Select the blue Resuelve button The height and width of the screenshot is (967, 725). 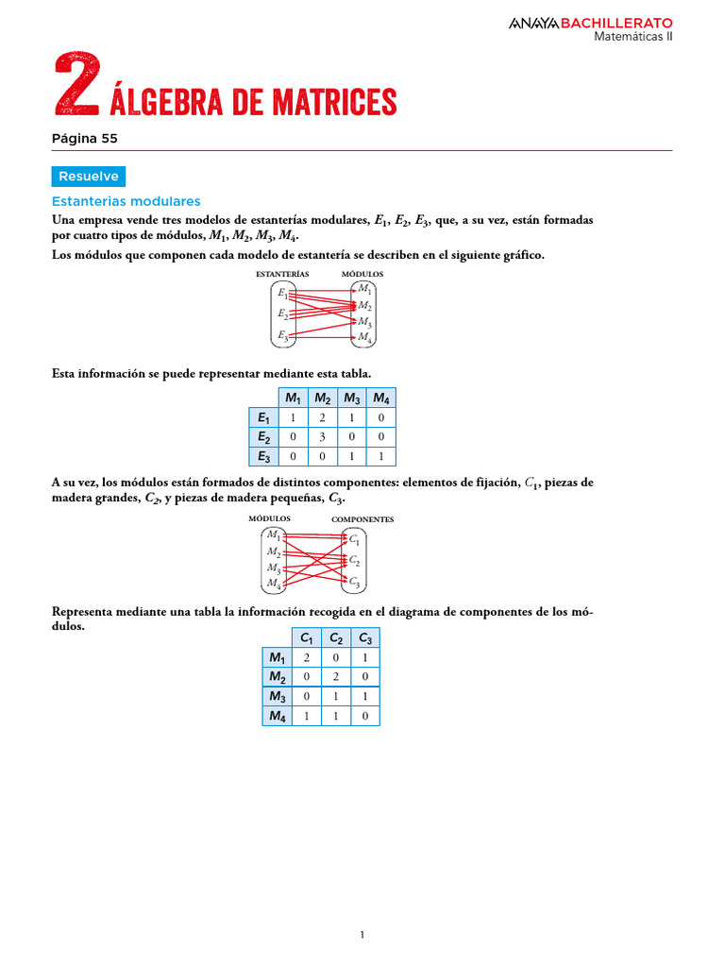[88, 177]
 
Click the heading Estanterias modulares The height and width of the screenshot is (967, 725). [126, 201]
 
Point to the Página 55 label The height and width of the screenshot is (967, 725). [85, 138]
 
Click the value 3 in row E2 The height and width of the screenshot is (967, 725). [322, 437]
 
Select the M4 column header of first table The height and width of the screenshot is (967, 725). [381, 398]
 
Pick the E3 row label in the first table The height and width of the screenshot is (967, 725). [263, 457]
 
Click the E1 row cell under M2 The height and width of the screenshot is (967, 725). [322, 417]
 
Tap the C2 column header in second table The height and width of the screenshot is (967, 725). [336, 638]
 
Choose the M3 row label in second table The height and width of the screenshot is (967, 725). [277, 697]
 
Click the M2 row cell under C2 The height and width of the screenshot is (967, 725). [336, 677]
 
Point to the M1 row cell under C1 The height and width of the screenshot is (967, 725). [306, 658]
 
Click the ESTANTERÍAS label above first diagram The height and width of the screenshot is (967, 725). [282, 273]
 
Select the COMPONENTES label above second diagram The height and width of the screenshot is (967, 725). [362, 519]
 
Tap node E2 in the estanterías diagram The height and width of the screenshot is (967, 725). [282, 314]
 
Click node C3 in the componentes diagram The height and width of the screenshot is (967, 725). [354, 581]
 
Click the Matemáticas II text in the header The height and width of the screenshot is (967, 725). [632, 37]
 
